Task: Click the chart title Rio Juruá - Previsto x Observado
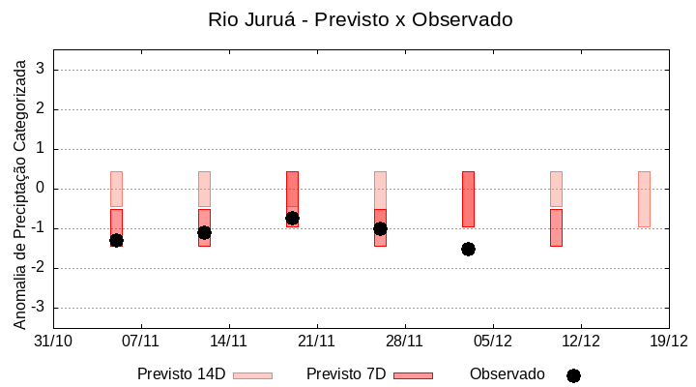pyautogui.click(x=360, y=19)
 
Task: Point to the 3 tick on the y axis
pyautogui.click(x=41, y=70)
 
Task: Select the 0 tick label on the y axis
pyautogui.click(x=41, y=189)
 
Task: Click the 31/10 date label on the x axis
pyautogui.click(x=53, y=341)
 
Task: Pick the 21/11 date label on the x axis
pyautogui.click(x=316, y=341)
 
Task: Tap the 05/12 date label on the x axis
pyautogui.click(x=492, y=341)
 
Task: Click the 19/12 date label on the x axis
pyautogui.click(x=668, y=341)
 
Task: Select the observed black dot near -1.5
pyautogui.click(x=468, y=249)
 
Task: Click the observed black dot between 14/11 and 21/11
pyautogui.click(x=292, y=218)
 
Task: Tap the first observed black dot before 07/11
pyautogui.click(x=116, y=240)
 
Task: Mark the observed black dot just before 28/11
pyautogui.click(x=380, y=228)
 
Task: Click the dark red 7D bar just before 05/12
pyautogui.click(x=468, y=198)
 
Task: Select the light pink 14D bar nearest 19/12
pyautogui.click(x=644, y=198)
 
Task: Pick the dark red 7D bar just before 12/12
pyautogui.click(x=556, y=227)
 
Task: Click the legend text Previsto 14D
pyautogui.click(x=181, y=374)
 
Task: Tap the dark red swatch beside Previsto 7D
pyautogui.click(x=413, y=375)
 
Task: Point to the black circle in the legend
pyautogui.click(x=573, y=375)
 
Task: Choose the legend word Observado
pyautogui.click(x=507, y=374)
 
